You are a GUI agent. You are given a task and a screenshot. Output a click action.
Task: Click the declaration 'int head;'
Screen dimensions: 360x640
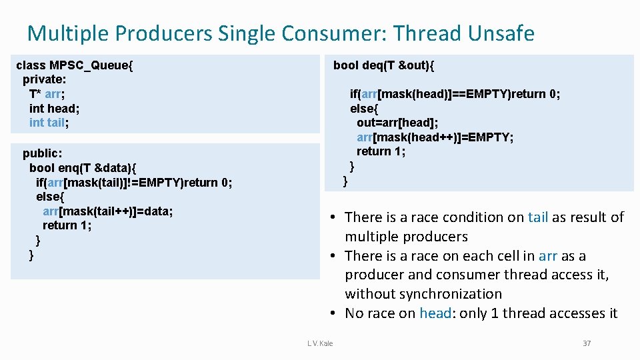(x=54, y=108)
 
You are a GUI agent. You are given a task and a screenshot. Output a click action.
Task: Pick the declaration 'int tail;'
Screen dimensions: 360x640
(x=49, y=123)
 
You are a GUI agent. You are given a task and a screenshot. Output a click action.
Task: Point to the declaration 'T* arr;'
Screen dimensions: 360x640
(x=47, y=94)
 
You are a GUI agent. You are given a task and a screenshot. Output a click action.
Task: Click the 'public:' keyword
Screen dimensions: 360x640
(x=42, y=153)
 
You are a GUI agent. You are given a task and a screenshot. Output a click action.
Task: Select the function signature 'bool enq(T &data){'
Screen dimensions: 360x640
(x=83, y=167)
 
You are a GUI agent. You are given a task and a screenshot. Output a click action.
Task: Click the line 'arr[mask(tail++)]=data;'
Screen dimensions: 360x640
(x=107, y=211)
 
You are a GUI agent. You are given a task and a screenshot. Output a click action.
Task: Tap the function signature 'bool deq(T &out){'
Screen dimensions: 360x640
(x=383, y=65)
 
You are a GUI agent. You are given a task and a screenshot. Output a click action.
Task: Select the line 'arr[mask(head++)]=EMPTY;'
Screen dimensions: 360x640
(x=435, y=137)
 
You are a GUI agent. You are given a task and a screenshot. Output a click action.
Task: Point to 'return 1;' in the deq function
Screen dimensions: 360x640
(x=381, y=151)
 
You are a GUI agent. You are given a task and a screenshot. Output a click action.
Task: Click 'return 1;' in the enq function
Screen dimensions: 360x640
(x=67, y=225)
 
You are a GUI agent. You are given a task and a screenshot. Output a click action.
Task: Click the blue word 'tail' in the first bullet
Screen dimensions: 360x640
(x=538, y=217)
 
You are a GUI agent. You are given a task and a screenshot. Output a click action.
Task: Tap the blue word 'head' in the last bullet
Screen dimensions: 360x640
(x=435, y=313)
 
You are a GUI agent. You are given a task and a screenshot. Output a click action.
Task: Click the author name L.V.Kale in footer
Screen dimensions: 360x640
(x=320, y=343)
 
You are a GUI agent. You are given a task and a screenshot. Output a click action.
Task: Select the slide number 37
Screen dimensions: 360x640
(x=587, y=343)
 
